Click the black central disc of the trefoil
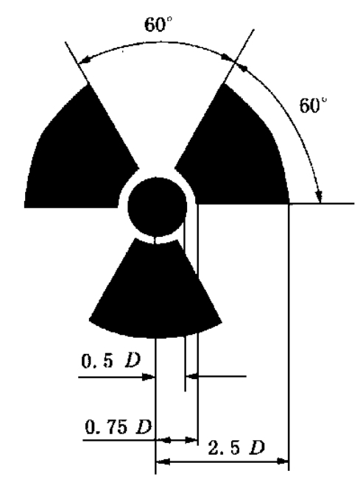[x=157, y=207]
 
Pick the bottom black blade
[x=155, y=292]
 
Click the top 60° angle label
[x=158, y=24]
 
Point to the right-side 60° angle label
[x=314, y=105]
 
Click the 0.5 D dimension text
[x=111, y=361]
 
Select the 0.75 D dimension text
[x=119, y=427]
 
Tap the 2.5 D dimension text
[x=236, y=447]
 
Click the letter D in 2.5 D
[x=257, y=447]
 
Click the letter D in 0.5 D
[x=133, y=361]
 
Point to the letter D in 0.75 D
[x=144, y=427]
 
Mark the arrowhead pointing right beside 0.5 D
[x=148, y=377]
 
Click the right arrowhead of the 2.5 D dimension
[x=282, y=461]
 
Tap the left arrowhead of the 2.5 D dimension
[x=163, y=461]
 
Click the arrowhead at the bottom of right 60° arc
[x=319, y=196]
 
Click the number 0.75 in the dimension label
[x=106, y=427]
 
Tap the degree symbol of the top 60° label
[x=169, y=19]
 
